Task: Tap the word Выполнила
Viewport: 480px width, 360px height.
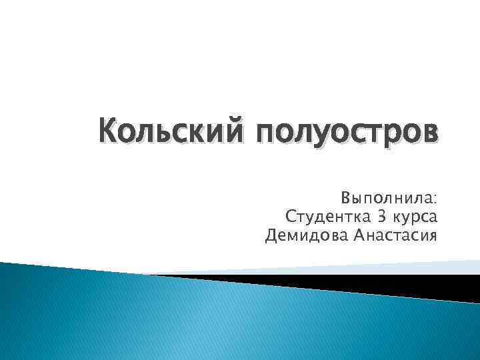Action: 385,199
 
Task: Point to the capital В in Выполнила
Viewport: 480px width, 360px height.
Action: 346,199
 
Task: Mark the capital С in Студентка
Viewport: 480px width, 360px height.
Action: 290,217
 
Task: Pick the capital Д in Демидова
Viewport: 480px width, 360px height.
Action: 271,236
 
